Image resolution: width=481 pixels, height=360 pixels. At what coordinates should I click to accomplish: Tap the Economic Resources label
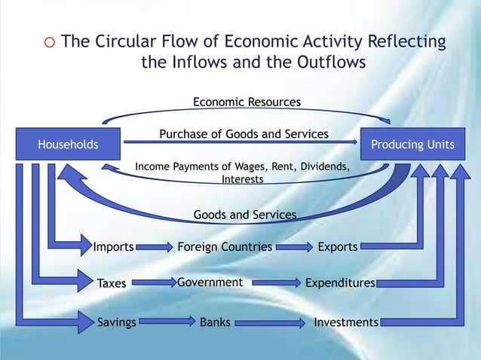(247, 102)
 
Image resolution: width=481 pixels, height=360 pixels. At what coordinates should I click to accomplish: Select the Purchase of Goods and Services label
(244, 134)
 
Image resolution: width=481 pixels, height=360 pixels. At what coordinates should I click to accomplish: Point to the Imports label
(113, 246)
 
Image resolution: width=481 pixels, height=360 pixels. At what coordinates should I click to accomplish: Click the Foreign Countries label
(224, 246)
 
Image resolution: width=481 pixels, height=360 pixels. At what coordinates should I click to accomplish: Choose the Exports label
(337, 246)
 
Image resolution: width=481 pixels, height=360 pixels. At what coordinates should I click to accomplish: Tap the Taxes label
(112, 283)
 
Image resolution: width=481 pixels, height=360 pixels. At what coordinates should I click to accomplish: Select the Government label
(210, 282)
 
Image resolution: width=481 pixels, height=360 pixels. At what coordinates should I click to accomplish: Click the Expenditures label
(340, 283)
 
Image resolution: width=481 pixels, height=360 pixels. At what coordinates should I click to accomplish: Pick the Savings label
(117, 322)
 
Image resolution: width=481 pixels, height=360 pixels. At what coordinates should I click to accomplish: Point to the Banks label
(215, 322)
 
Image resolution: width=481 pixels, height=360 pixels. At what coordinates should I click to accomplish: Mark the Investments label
(346, 322)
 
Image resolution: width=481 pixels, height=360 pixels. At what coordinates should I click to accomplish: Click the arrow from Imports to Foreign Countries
(154, 246)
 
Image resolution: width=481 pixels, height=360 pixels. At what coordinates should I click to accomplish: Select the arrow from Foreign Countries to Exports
(294, 246)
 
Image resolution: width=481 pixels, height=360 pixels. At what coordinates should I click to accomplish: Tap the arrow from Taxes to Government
(150, 283)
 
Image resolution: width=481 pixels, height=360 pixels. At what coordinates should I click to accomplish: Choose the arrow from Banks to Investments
(271, 322)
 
